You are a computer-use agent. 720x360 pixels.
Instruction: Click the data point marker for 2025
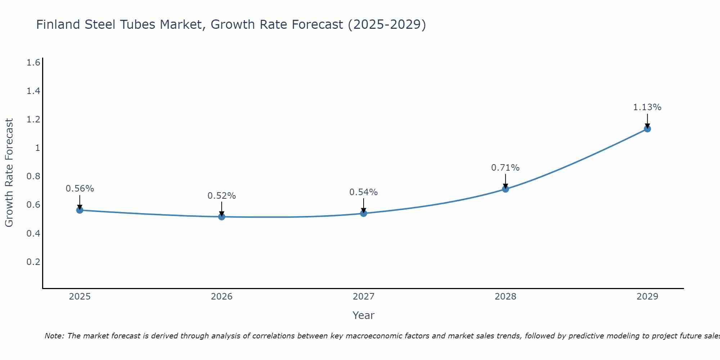pos(80,210)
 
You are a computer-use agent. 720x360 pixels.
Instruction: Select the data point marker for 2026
pos(222,217)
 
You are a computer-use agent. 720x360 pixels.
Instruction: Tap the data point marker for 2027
pos(364,213)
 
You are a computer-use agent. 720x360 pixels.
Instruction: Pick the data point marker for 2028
pos(505,189)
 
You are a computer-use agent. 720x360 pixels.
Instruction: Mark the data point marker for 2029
pos(647,129)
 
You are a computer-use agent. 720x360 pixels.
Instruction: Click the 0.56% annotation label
pos(80,189)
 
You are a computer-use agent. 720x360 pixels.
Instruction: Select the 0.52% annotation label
pos(222,196)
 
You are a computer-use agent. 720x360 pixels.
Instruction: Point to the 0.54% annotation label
pos(364,192)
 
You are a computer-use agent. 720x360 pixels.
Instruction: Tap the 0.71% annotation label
pos(505,168)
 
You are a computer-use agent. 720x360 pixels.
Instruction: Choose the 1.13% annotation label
pos(647,107)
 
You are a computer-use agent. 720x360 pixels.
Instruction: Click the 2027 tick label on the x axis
pos(364,297)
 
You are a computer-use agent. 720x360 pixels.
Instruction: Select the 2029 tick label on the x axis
pos(647,297)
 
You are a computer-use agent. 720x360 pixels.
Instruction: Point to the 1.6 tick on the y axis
pos(33,63)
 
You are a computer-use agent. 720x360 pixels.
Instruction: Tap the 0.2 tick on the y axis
pos(33,262)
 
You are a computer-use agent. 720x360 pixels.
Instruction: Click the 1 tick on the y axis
pos(37,148)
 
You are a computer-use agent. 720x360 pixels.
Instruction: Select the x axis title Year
pos(364,315)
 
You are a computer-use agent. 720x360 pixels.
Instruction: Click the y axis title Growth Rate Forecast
pos(9,173)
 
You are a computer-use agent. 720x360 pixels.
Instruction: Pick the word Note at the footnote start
pos(54,336)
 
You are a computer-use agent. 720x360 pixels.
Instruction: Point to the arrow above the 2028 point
pos(505,181)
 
